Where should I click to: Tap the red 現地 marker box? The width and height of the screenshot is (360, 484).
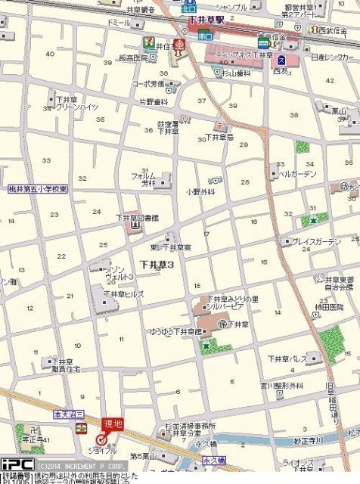pyautogui.click(x=113, y=425)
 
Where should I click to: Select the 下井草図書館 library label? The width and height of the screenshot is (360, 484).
pyautogui.click(x=138, y=217)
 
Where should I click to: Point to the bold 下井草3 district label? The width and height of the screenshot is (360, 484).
pyautogui.click(x=157, y=264)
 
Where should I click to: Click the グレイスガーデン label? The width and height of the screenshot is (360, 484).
pyautogui.click(x=316, y=241)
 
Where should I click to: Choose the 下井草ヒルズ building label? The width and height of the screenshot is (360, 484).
pyautogui.click(x=123, y=294)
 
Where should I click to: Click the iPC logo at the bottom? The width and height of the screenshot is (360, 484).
pyautogui.click(x=16, y=464)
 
